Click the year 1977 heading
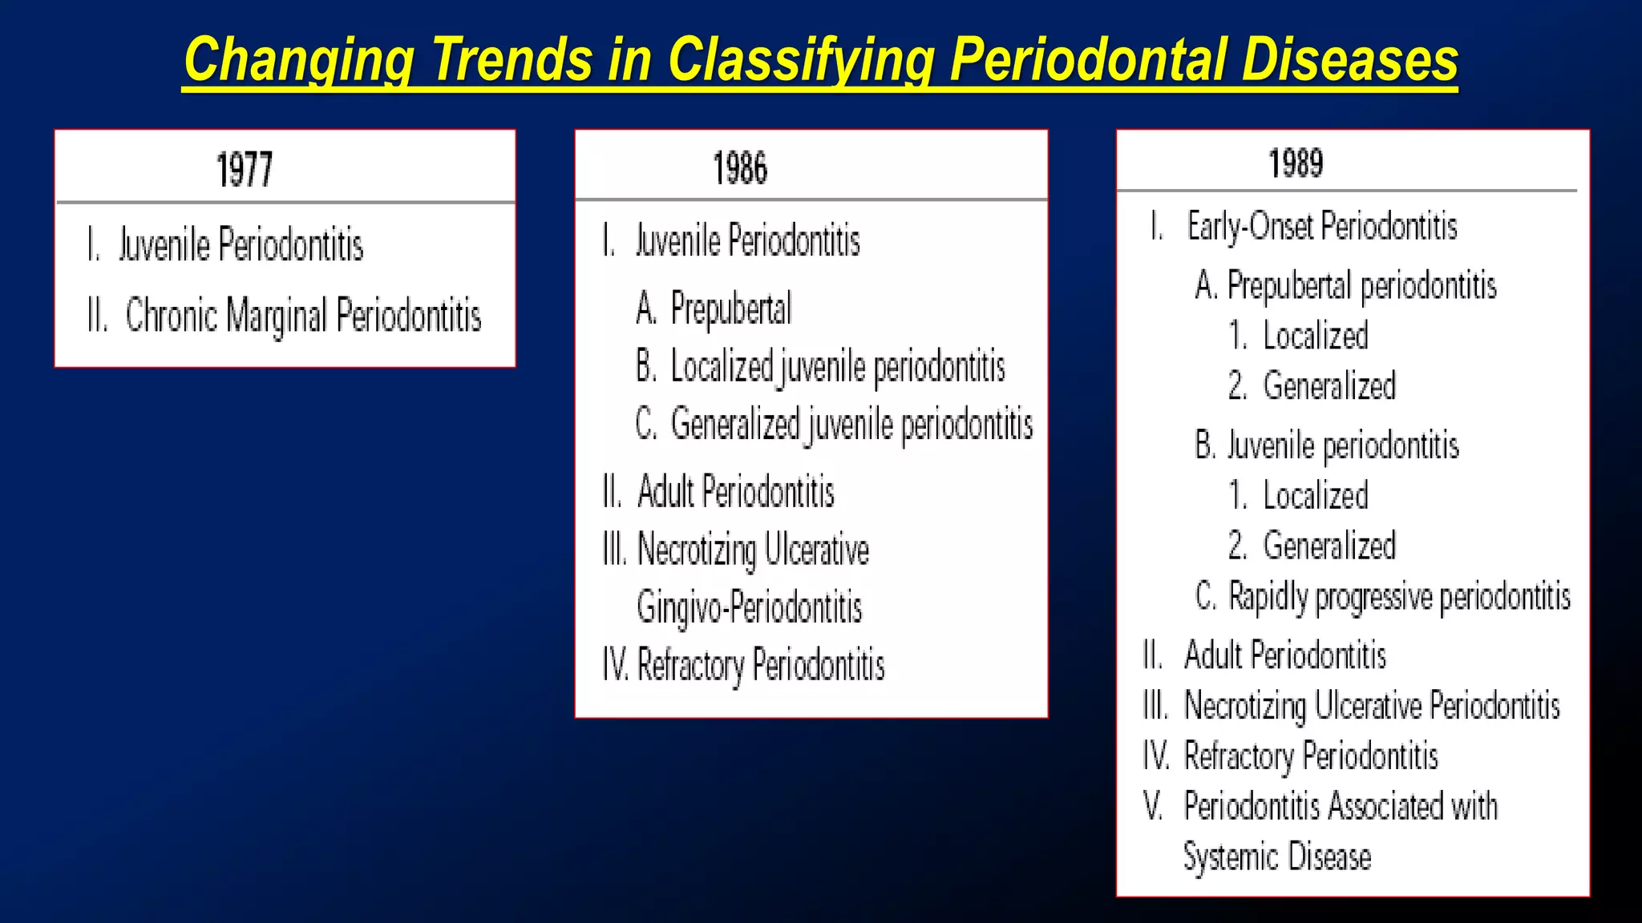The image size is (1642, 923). pyautogui.click(x=245, y=170)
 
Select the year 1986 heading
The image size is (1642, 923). pyautogui.click(x=740, y=168)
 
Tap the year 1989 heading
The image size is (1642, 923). pyautogui.click(x=1296, y=163)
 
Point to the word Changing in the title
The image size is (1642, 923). pyautogui.click(x=299, y=62)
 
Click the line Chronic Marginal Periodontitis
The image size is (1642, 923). pyautogui.click(x=303, y=316)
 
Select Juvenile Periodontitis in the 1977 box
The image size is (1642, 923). pyautogui.click(x=241, y=245)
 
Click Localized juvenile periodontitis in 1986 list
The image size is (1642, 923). pyautogui.click(x=837, y=367)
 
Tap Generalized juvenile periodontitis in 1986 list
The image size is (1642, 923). pyautogui.click(x=851, y=425)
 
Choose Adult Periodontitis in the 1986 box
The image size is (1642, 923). pyautogui.click(x=735, y=492)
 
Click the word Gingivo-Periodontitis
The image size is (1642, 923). pyautogui.click(x=749, y=607)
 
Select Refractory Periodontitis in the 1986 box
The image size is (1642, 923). pyautogui.click(x=760, y=666)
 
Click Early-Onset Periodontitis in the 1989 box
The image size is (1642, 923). pyautogui.click(x=1321, y=227)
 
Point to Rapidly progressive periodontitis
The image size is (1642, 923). pyautogui.click(x=1399, y=597)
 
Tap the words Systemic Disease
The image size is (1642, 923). pyautogui.click(x=1277, y=856)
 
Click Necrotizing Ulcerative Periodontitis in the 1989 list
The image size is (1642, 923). pyautogui.click(x=1372, y=706)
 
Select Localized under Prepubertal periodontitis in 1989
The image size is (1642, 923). pyautogui.click(x=1315, y=337)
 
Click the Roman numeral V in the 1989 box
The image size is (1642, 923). pyautogui.click(x=1153, y=806)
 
